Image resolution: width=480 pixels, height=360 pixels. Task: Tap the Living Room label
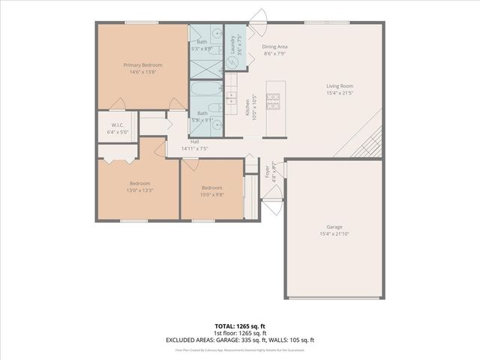340,86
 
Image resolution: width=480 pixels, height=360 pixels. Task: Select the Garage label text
334,226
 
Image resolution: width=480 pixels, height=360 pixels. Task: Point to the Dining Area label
274,46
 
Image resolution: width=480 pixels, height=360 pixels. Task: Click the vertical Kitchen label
248,106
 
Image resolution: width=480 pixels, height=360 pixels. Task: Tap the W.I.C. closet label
118,125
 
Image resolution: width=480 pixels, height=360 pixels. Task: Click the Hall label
194,142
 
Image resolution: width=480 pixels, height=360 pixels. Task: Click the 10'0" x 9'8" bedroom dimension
211,194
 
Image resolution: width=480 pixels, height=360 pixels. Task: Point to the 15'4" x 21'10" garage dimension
334,233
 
